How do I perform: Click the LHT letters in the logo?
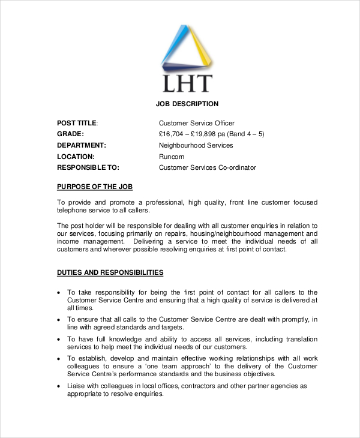[x=186, y=83]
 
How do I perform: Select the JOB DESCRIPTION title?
[x=187, y=104]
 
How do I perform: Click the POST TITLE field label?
[x=77, y=123]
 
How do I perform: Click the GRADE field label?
[x=70, y=134]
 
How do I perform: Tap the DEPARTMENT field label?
[x=82, y=145]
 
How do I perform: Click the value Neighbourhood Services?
[x=196, y=145]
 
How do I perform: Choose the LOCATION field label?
[x=76, y=157]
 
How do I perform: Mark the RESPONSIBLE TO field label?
[x=88, y=167]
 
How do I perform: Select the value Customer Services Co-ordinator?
[x=207, y=167]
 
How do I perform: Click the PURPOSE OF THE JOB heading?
[x=94, y=187]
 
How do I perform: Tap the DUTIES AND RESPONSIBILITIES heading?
[x=110, y=272]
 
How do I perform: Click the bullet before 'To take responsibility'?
[x=58, y=292]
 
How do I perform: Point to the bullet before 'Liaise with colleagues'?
[x=58, y=386]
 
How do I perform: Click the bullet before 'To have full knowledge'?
[x=58, y=339]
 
